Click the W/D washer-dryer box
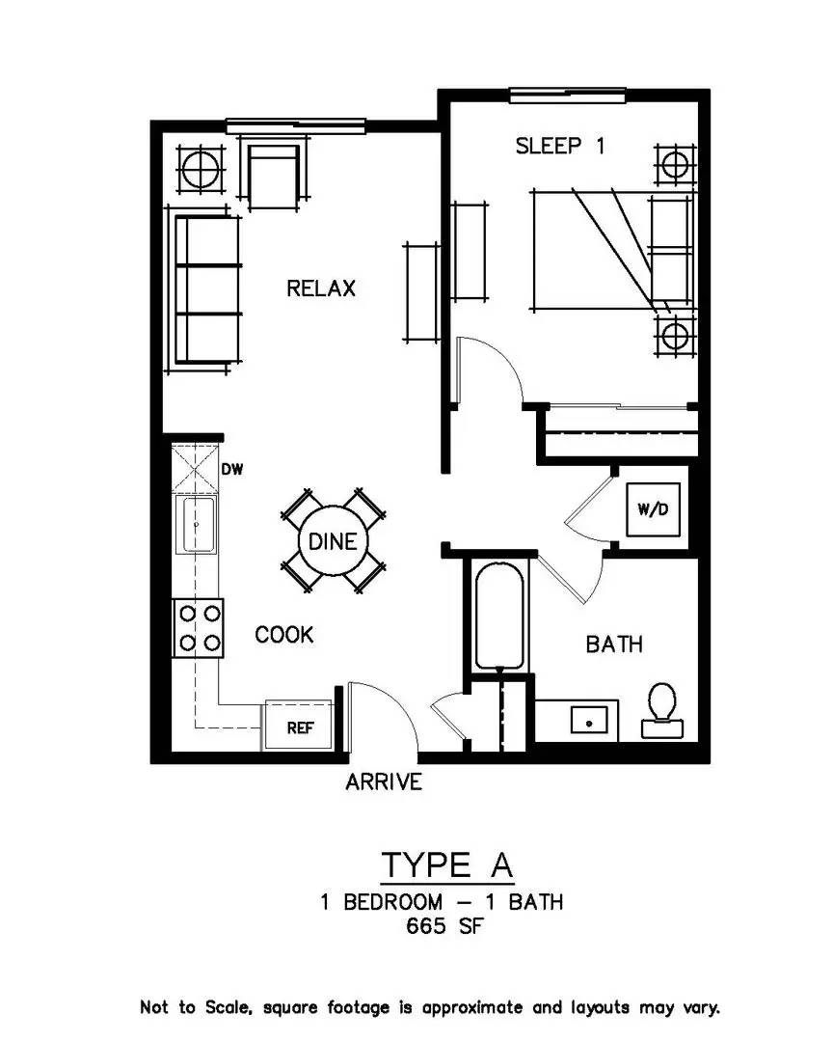(652, 508)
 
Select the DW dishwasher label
(232, 470)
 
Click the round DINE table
(332, 541)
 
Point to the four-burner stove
(198, 628)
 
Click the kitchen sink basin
(198, 525)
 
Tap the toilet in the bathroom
(662, 706)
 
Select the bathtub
(500, 615)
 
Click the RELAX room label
(321, 288)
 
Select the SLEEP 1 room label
(560, 147)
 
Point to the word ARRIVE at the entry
(384, 781)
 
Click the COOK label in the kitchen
(283, 635)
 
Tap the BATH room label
(614, 644)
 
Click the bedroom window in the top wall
(569, 95)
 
